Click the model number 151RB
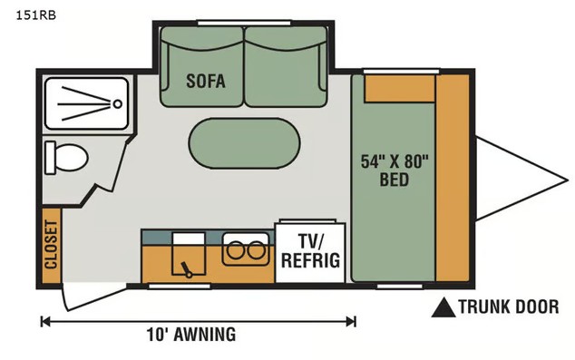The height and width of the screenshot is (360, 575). pyautogui.click(x=35, y=15)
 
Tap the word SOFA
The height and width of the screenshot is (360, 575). pyautogui.click(x=206, y=81)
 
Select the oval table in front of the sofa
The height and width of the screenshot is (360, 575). pyautogui.click(x=244, y=143)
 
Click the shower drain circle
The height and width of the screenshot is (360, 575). pyautogui.click(x=117, y=103)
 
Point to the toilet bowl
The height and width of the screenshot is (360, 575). pyautogui.click(x=72, y=158)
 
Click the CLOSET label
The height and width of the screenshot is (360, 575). pyautogui.click(x=51, y=244)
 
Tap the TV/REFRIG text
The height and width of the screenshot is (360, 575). pyautogui.click(x=310, y=251)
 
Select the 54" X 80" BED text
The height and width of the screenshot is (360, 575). pyautogui.click(x=395, y=170)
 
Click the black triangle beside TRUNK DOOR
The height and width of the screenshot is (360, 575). pyautogui.click(x=443, y=307)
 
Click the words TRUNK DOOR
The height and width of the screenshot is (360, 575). pyautogui.click(x=509, y=306)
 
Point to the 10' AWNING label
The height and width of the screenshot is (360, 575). pyautogui.click(x=191, y=335)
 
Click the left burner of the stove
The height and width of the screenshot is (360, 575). pyautogui.click(x=236, y=251)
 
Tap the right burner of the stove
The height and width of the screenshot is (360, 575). pyautogui.click(x=256, y=251)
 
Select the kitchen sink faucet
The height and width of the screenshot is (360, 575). pyautogui.click(x=187, y=270)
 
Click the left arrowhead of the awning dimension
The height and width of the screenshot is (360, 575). pyautogui.click(x=45, y=322)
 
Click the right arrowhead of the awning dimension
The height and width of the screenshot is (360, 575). pyautogui.click(x=351, y=322)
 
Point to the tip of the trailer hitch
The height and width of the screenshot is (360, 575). pyautogui.click(x=568, y=180)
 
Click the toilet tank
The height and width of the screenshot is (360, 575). pyautogui.click(x=50, y=158)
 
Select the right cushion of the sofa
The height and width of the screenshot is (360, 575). pyautogui.click(x=286, y=67)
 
